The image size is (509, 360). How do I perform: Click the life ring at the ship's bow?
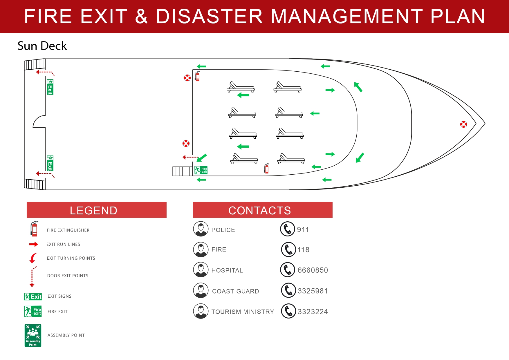click(463, 124)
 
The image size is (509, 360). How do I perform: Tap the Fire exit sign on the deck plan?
click(201, 170)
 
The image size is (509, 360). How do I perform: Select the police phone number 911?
click(303, 230)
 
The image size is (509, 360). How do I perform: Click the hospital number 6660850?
click(313, 270)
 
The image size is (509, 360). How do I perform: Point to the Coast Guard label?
click(235, 291)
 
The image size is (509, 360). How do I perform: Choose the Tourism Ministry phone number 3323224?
click(313, 312)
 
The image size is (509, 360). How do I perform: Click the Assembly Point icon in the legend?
click(33, 336)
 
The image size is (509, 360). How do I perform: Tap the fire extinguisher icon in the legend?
click(34, 229)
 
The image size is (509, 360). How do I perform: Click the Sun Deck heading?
click(42, 46)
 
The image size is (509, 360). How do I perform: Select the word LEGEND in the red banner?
click(93, 211)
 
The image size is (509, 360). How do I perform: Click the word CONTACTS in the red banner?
click(259, 211)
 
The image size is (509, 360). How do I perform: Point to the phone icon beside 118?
click(288, 249)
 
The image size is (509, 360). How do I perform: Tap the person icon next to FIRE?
click(201, 249)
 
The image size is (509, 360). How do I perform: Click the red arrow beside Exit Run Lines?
click(34, 244)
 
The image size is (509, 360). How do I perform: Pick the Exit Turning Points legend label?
click(71, 258)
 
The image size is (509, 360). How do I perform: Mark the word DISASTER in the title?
click(209, 16)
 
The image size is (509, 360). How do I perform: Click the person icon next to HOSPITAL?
click(201, 270)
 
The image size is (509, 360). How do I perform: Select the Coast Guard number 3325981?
click(313, 291)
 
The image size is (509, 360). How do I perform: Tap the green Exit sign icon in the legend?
click(33, 296)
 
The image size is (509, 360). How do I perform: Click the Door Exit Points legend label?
click(68, 276)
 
